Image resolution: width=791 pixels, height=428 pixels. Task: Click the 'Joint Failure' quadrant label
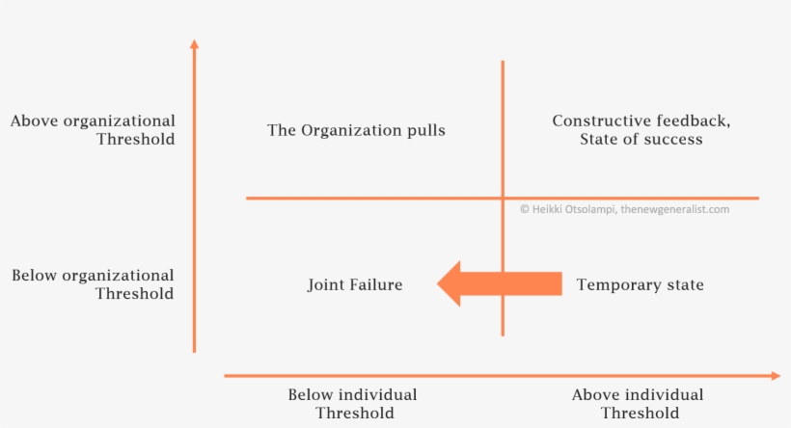click(x=355, y=284)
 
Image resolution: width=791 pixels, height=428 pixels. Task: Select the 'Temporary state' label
click(x=641, y=284)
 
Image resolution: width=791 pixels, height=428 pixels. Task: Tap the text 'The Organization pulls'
click(x=356, y=130)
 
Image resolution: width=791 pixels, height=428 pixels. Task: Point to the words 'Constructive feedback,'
click(x=641, y=121)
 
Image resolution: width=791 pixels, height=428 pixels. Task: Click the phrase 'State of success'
click(x=641, y=139)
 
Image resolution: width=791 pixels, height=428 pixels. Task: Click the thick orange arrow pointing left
click(x=500, y=283)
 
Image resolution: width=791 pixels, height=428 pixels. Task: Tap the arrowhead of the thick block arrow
click(x=449, y=283)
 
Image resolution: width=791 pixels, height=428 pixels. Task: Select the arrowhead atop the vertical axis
click(x=194, y=43)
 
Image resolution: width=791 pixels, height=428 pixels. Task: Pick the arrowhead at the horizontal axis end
click(x=776, y=376)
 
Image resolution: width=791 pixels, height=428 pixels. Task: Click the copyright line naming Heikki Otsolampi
click(x=624, y=209)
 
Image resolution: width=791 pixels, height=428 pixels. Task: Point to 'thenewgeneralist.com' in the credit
click(x=675, y=209)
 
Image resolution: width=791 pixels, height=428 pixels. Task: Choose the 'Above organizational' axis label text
click(x=93, y=121)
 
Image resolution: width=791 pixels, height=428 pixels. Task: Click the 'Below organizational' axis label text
click(x=93, y=276)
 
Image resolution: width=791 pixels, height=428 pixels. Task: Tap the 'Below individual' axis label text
click(x=353, y=394)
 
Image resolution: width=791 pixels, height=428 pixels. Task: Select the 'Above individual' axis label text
click(x=638, y=394)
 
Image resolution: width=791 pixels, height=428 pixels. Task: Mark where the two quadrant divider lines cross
click(x=503, y=199)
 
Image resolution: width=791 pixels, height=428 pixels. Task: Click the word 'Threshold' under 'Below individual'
click(x=355, y=414)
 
